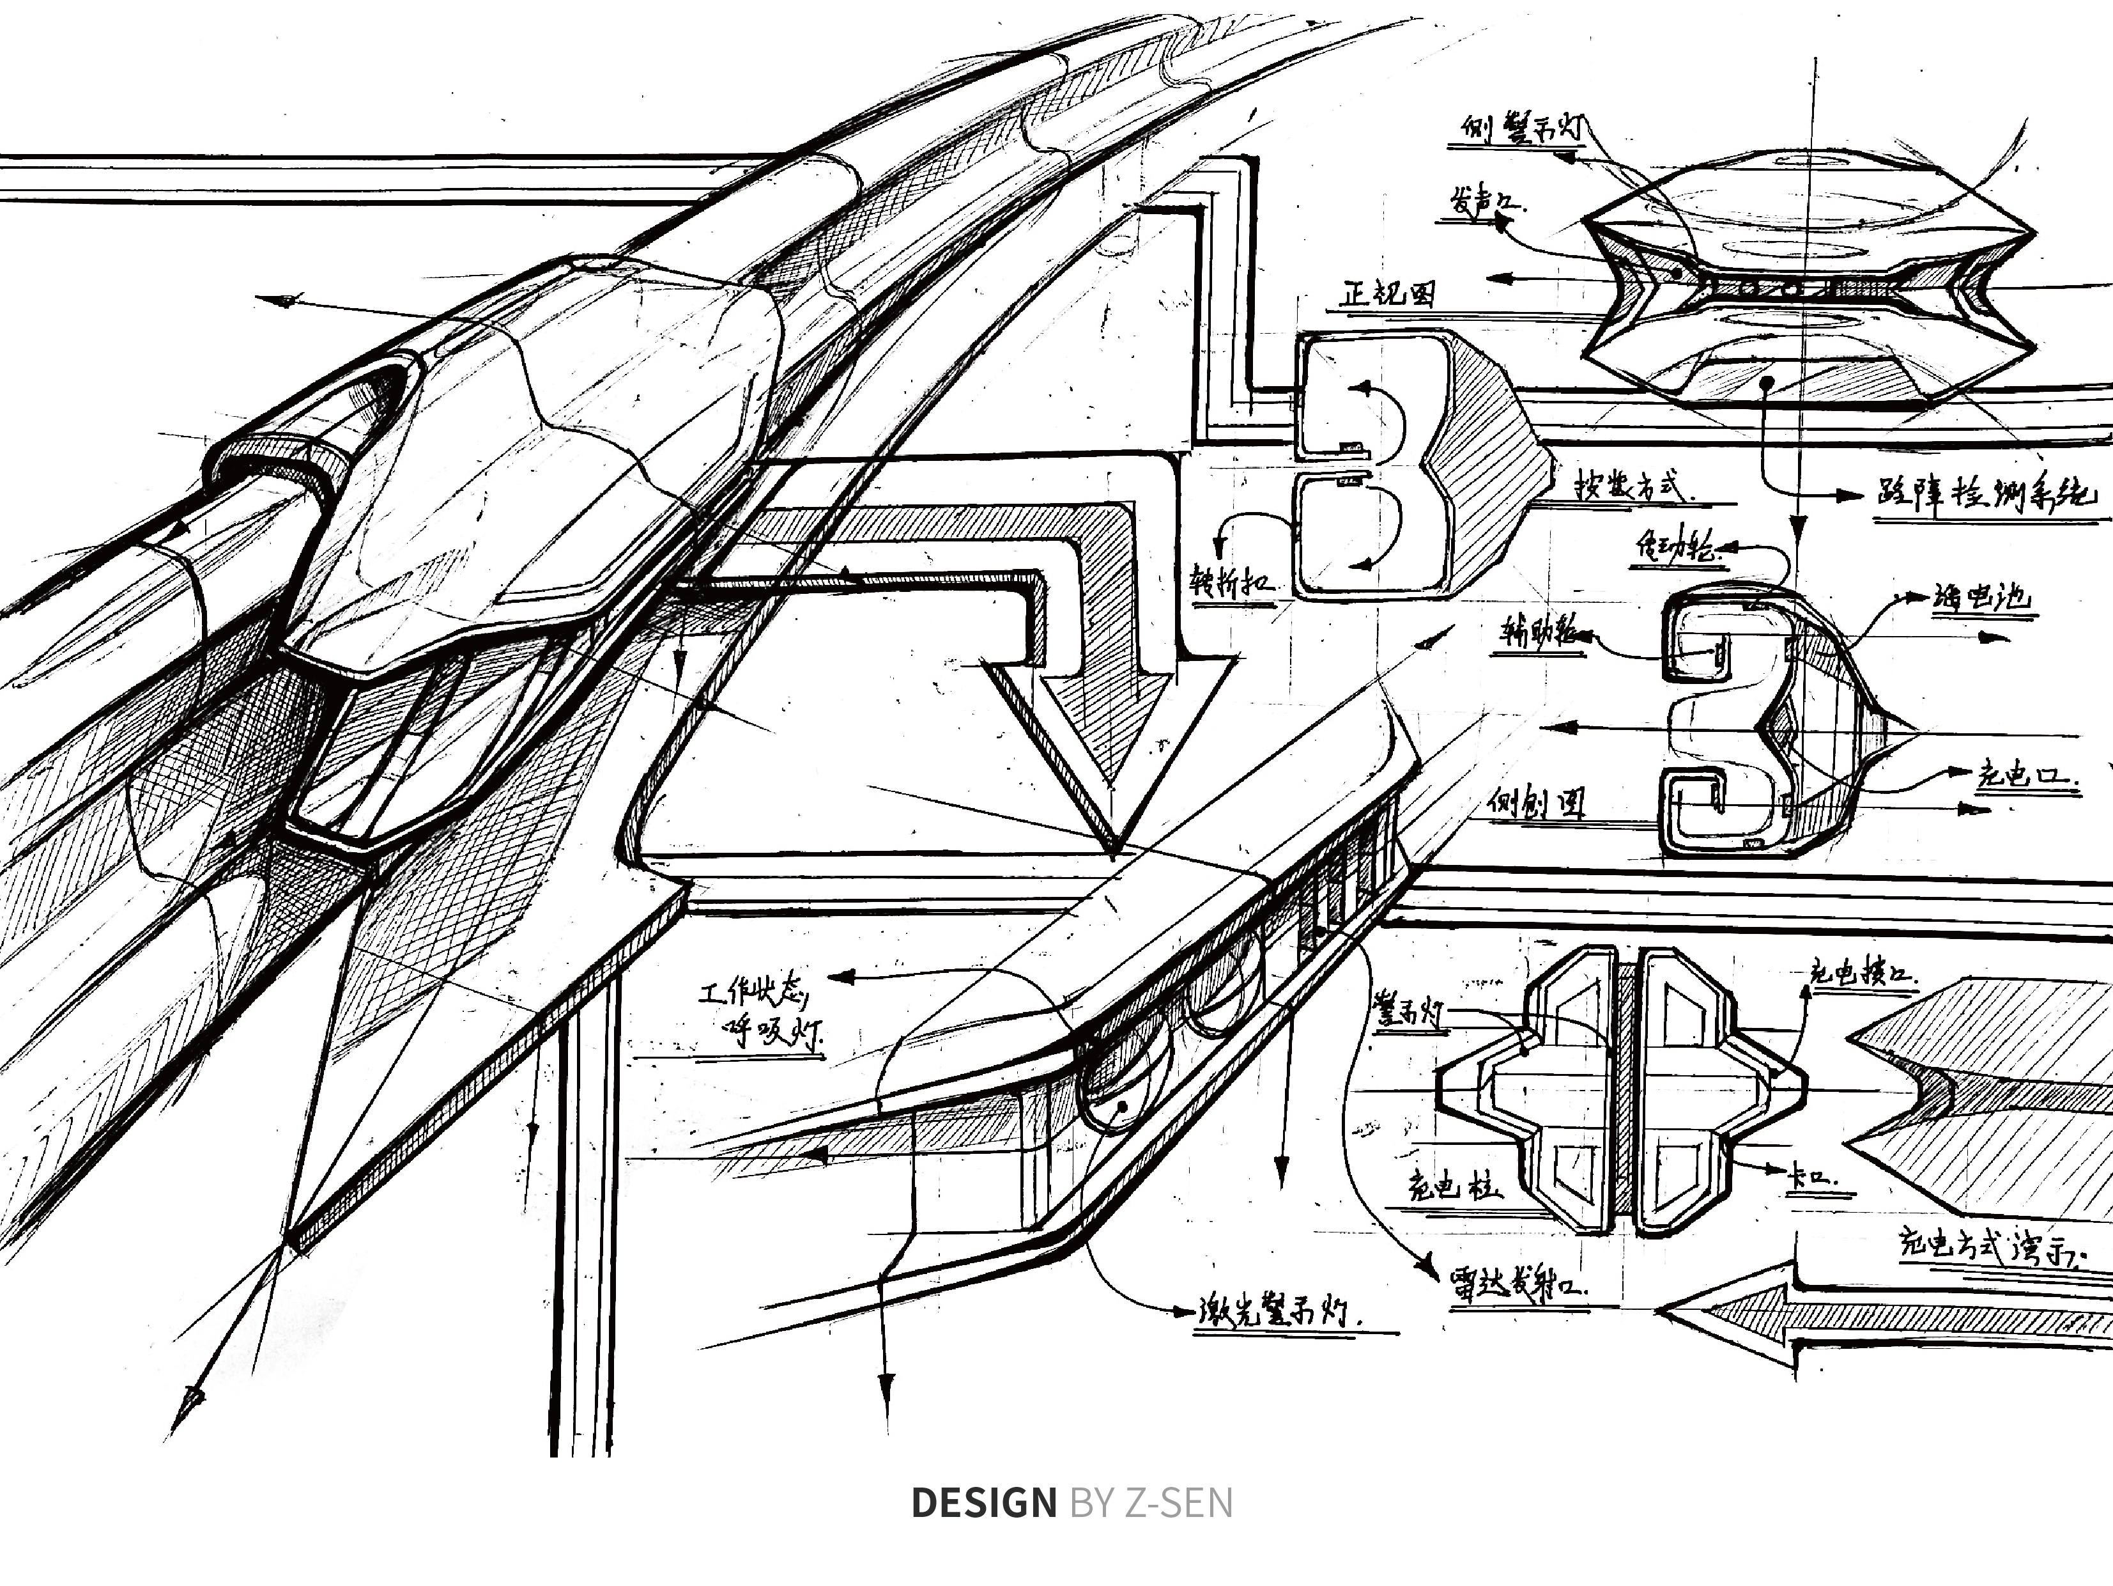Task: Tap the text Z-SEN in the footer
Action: (x=1178, y=1503)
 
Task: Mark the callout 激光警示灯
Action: (x=1279, y=1313)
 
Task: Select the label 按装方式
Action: (x=1635, y=486)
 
